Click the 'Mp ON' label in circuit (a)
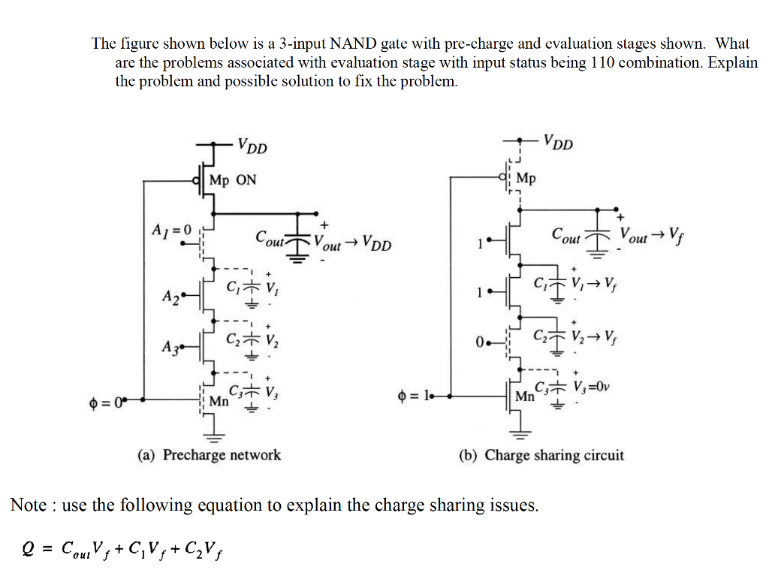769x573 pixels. tap(232, 179)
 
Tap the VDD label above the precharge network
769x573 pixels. tap(252, 146)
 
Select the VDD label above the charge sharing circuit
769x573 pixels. tap(558, 142)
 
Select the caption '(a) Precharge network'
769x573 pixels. tap(209, 455)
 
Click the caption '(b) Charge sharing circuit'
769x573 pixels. tap(541, 455)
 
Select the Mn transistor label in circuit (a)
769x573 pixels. tap(219, 401)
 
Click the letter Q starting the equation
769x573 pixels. tap(29, 551)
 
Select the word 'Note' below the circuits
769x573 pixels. tap(29, 505)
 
